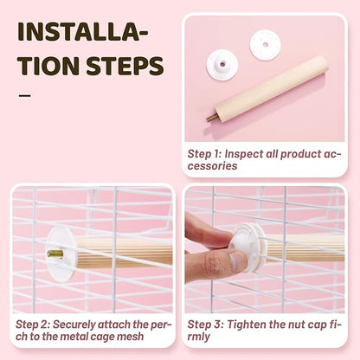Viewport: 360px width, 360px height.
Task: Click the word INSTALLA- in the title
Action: pos(83,31)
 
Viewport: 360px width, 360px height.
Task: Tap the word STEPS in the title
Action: pos(125,66)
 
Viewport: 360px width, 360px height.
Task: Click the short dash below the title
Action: pos(25,96)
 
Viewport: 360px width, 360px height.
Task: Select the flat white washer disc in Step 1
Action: pos(265,45)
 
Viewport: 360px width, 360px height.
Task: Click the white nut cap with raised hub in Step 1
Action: pos(222,65)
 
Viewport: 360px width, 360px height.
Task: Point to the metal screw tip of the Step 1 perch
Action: pos(210,118)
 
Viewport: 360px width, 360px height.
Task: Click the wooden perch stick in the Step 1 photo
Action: pos(271,89)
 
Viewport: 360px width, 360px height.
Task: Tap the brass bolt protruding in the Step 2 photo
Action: pos(55,254)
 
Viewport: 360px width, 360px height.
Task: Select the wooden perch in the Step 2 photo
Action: pos(124,253)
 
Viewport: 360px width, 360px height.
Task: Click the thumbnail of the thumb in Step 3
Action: pos(238,260)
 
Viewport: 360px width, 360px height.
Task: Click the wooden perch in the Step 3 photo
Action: pos(305,247)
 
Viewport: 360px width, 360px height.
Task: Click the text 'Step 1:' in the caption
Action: pos(204,154)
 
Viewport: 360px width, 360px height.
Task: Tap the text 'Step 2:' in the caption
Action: pos(33,325)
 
